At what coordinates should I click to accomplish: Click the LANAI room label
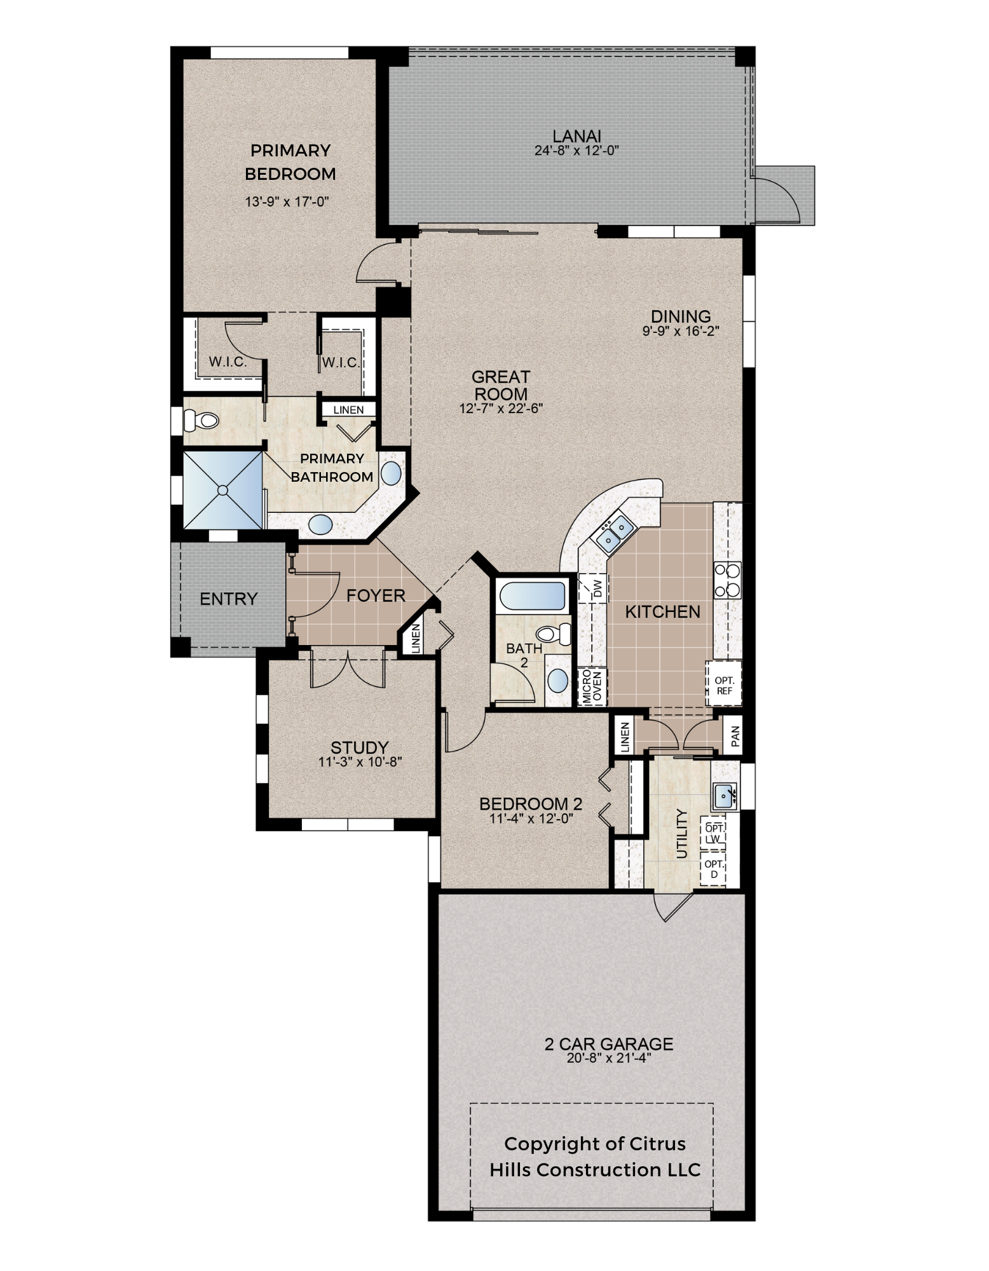pyautogui.click(x=576, y=136)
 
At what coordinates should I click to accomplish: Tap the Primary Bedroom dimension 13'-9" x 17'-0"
pyautogui.click(x=287, y=202)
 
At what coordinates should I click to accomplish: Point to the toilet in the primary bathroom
pyautogui.click(x=200, y=420)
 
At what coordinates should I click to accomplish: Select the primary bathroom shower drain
pyautogui.click(x=223, y=490)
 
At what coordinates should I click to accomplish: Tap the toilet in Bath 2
pyautogui.click(x=554, y=634)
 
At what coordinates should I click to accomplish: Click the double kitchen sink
pyautogui.click(x=613, y=533)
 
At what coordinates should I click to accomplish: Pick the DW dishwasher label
pyautogui.click(x=597, y=589)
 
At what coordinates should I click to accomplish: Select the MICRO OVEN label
pyautogui.click(x=592, y=686)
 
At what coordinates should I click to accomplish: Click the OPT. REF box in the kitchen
pyautogui.click(x=723, y=684)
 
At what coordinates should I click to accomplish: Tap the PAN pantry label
pyautogui.click(x=735, y=736)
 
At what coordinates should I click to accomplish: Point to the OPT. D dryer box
pyautogui.click(x=714, y=869)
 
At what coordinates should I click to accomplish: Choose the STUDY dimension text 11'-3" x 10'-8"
pyautogui.click(x=360, y=761)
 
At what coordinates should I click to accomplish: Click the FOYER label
pyautogui.click(x=376, y=595)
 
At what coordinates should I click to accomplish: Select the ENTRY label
pyautogui.click(x=228, y=599)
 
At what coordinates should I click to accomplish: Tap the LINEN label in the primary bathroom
pyautogui.click(x=348, y=410)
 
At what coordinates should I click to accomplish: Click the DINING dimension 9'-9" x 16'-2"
pyautogui.click(x=681, y=330)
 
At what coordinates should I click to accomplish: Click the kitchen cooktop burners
pyautogui.click(x=727, y=580)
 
